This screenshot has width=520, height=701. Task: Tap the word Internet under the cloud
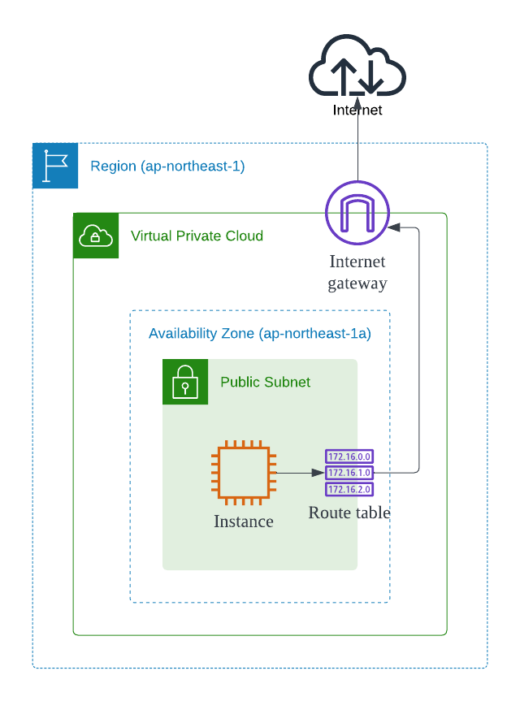pos(357,110)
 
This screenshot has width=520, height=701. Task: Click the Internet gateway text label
pos(357,272)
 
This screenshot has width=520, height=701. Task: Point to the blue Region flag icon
pos(55,166)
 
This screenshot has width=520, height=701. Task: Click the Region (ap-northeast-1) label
pos(167,167)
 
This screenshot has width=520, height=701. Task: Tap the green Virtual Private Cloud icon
pos(96,236)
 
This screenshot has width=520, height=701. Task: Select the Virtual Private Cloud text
pos(197,236)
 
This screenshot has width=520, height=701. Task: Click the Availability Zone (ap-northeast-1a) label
pos(260,333)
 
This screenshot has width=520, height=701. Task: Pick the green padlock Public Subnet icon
pos(185,382)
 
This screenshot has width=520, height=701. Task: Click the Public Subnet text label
pos(265,383)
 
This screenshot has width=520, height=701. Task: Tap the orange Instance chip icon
pos(243,471)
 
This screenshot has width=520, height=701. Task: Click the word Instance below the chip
pos(243,521)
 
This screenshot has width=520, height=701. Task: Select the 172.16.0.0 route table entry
pos(349,457)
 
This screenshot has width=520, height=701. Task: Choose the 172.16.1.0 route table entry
pos(349,472)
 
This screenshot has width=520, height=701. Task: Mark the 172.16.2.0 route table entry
pos(349,488)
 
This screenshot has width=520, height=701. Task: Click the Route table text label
pos(349,513)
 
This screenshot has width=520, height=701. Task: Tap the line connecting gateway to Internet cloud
pos(357,150)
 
